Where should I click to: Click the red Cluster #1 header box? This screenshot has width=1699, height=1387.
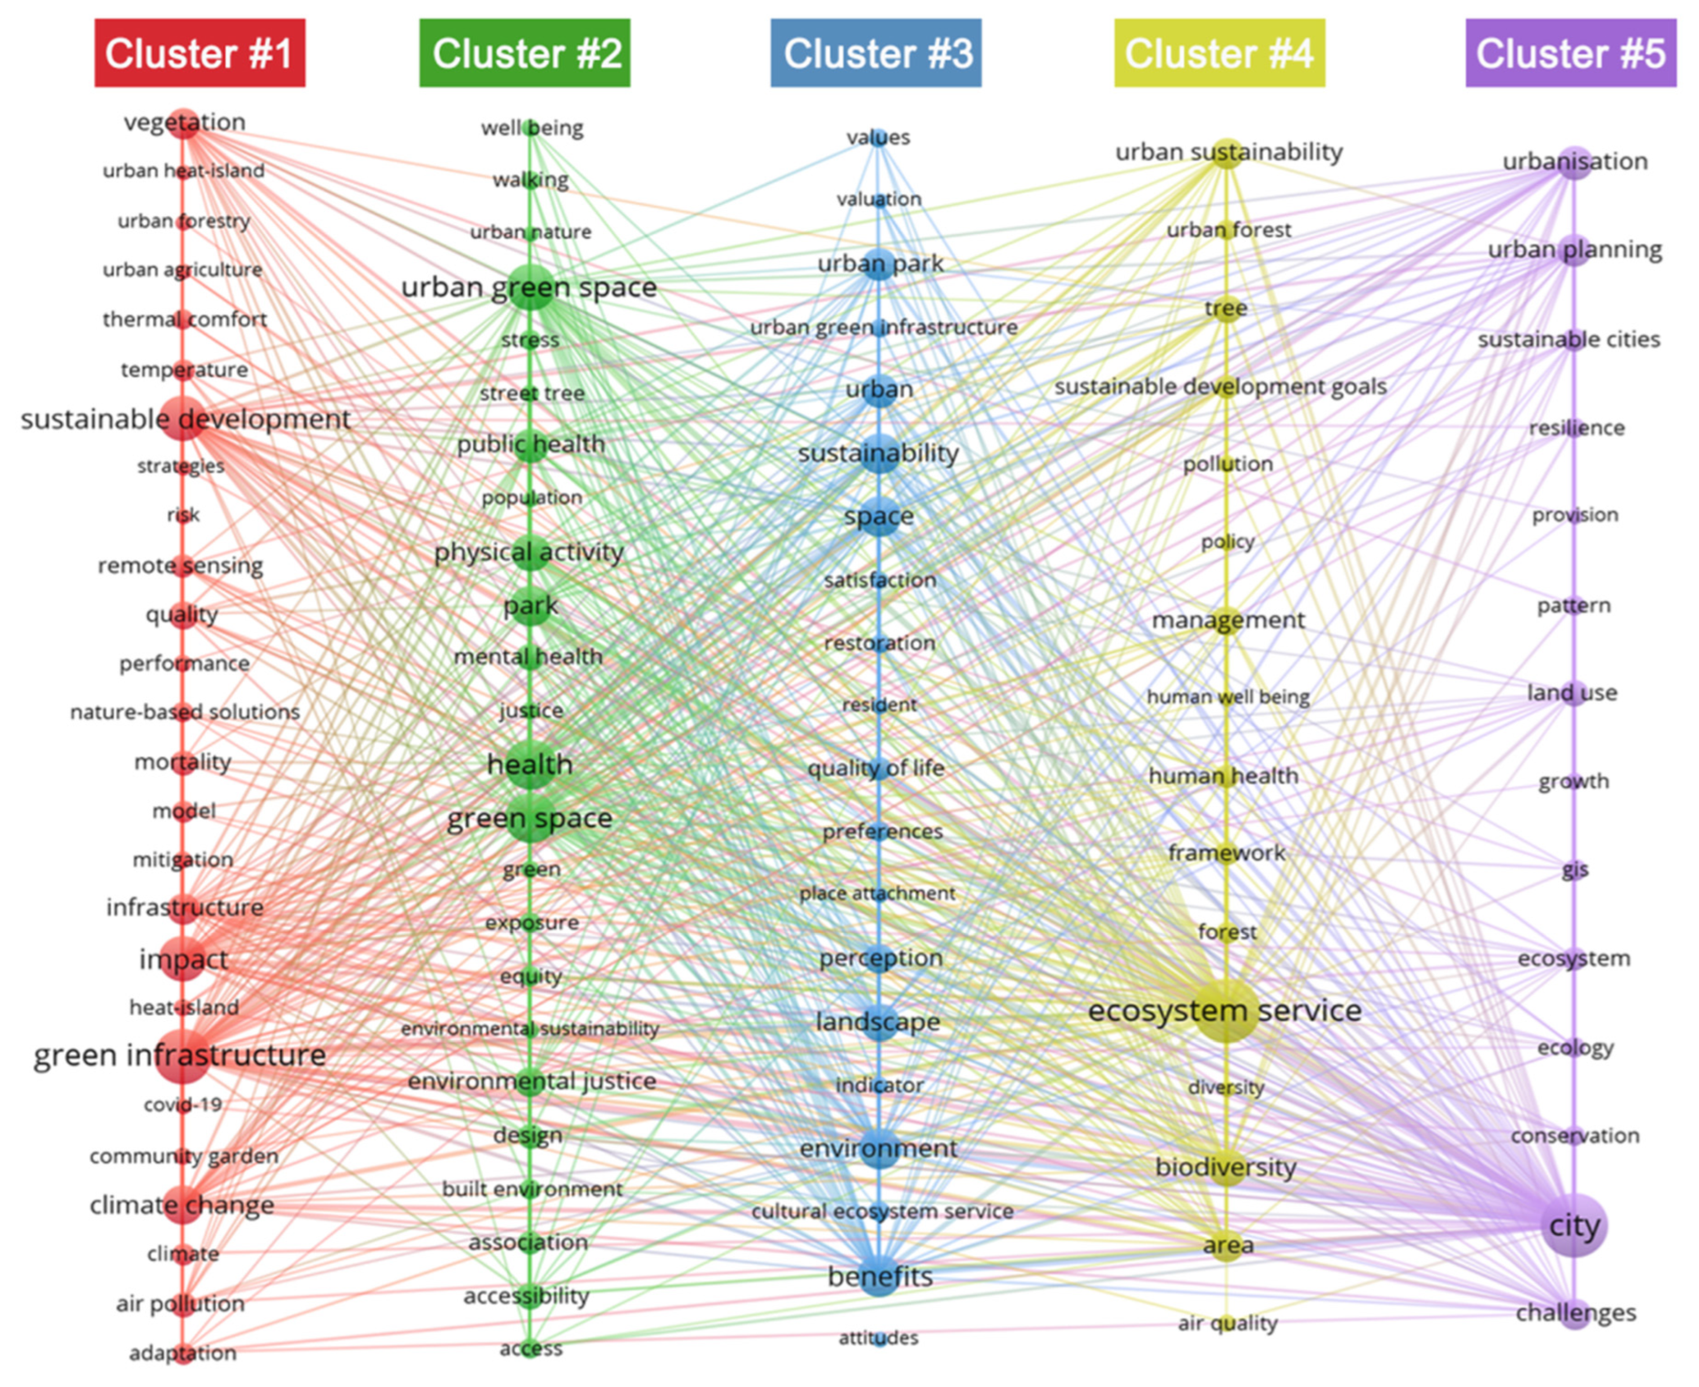tap(200, 53)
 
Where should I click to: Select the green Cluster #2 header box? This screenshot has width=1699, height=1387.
tap(525, 53)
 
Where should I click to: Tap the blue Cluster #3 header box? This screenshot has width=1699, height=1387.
tap(875, 53)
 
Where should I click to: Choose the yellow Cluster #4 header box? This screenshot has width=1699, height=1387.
tap(1219, 53)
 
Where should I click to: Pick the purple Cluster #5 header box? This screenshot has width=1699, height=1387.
tap(1570, 53)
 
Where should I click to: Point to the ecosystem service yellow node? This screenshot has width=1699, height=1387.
tap(1225, 1010)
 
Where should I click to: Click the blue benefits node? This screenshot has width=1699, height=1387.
tap(879, 1276)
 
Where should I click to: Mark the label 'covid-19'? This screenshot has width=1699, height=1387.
tap(183, 1105)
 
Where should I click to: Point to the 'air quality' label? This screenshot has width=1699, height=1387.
tap(1228, 1323)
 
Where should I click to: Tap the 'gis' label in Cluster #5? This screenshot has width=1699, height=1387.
tap(1575, 869)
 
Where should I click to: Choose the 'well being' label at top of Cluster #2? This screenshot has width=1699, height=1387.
tap(532, 128)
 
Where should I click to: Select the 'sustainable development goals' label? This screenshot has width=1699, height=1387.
tap(1220, 387)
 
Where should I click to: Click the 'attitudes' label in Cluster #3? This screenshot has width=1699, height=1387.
tap(879, 1337)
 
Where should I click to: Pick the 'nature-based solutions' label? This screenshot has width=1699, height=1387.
tap(184, 712)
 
